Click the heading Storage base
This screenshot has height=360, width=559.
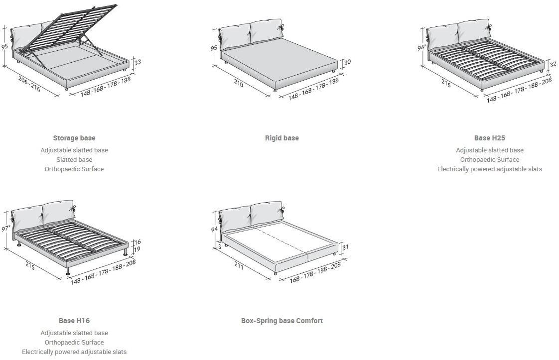click(74, 138)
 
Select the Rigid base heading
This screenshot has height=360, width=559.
click(282, 138)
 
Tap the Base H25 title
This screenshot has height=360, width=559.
click(489, 138)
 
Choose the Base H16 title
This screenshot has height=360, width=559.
click(74, 321)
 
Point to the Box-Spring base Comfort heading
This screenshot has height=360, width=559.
click(282, 321)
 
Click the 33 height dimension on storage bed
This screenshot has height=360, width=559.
click(138, 62)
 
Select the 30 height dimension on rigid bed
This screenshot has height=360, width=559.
click(347, 62)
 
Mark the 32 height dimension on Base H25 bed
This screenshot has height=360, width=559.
click(553, 64)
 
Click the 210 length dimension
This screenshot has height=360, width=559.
click(239, 84)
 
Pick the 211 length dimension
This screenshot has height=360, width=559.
click(239, 266)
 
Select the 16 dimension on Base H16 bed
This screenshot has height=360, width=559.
click(138, 242)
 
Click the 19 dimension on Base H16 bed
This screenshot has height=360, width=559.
click(138, 249)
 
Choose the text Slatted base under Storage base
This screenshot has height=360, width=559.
click(74, 160)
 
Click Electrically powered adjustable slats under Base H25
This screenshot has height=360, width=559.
click(489, 169)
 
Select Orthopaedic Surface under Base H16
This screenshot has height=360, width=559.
click(74, 343)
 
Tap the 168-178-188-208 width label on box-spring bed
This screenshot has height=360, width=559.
click(316, 272)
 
